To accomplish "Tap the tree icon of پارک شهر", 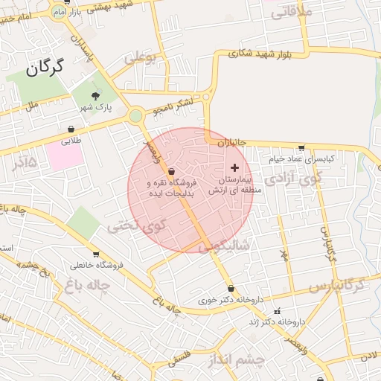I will pyautogui.click(x=95, y=96).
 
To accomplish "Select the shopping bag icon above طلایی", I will pyautogui.click(x=71, y=129).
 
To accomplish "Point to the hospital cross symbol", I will pyautogui.click(x=236, y=167).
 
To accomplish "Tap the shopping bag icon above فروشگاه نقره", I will pyautogui.click(x=172, y=172).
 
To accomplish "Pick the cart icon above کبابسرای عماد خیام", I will pyautogui.click(x=301, y=147).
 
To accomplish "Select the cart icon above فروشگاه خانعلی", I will pyautogui.click(x=95, y=254).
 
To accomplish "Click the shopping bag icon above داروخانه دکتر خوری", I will pyautogui.click(x=231, y=289).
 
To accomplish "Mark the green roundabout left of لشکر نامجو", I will pyautogui.click(x=135, y=115).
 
